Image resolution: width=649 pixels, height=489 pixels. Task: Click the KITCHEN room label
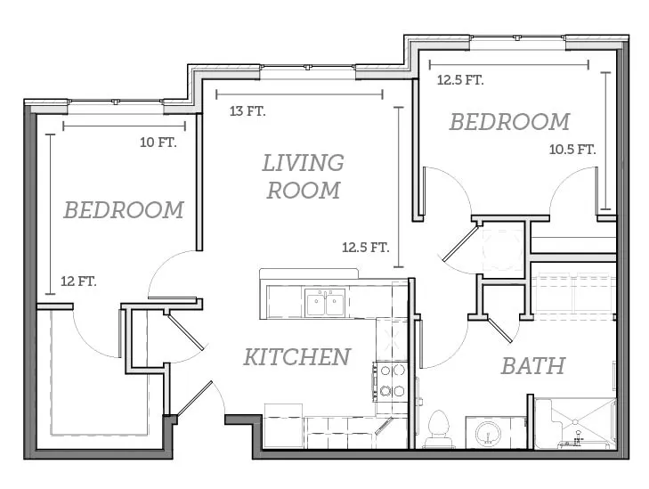296,357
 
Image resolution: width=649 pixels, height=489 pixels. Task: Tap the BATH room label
533,366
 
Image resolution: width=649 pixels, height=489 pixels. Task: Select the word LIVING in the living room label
303,163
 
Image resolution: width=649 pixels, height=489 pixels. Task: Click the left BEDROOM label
124,210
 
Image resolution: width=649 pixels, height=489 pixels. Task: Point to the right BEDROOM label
510,122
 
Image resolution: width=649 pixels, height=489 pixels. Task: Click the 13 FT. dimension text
247,111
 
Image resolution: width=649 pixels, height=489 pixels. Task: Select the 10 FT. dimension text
158,143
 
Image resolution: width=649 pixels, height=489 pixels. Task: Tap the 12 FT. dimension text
78,281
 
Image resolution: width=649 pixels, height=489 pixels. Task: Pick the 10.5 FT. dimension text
572,150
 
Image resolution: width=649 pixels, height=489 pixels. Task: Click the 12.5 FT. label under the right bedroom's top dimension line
460,80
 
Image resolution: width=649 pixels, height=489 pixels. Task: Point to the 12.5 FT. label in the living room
366,248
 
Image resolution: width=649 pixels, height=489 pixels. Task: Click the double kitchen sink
325,303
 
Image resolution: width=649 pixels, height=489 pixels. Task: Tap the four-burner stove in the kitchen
390,381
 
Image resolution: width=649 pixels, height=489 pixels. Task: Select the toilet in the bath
439,429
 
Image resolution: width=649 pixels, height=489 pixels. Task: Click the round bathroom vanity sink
489,434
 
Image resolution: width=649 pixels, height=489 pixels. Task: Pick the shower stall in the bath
575,424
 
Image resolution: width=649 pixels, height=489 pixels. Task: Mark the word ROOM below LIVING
304,191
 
